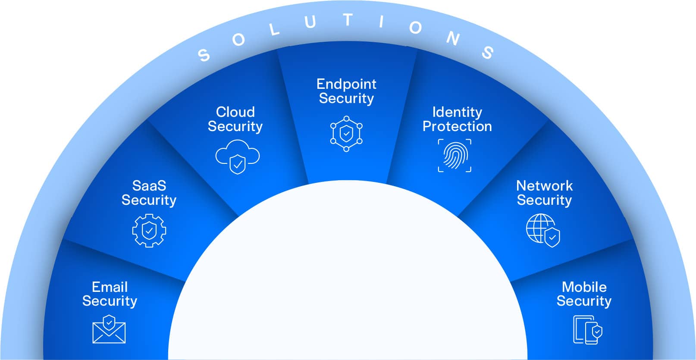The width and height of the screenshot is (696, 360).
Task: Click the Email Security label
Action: (110, 294)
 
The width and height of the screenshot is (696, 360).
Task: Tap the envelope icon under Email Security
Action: (109, 330)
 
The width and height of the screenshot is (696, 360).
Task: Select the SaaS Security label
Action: (149, 193)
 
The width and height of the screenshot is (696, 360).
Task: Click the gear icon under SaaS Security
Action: (149, 231)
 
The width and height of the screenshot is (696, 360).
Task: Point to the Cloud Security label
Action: (235, 119)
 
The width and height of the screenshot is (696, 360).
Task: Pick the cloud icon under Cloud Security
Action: (237, 157)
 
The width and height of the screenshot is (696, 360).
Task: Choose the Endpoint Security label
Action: (346, 91)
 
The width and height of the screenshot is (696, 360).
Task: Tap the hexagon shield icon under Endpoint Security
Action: (346, 133)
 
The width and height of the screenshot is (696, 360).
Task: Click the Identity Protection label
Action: (457, 119)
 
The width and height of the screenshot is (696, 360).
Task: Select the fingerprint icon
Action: (455, 156)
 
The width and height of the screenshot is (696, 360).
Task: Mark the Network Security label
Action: (544, 193)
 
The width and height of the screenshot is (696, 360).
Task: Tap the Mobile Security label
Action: (584, 294)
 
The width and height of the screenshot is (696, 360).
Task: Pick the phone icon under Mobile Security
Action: (587, 330)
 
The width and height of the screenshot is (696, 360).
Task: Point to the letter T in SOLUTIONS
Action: (348, 20)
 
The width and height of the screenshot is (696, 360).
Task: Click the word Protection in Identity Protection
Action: (457, 126)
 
